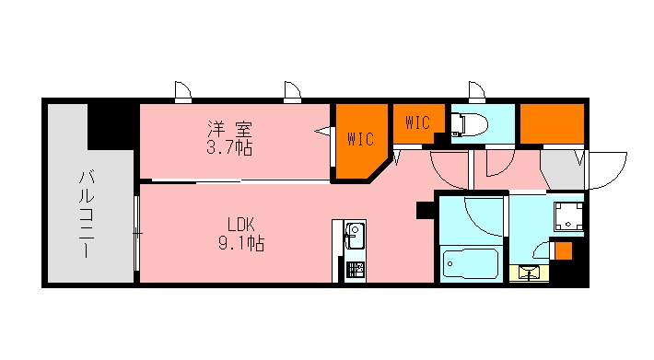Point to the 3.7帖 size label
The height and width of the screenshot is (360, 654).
[229, 147]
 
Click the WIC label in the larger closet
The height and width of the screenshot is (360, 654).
[360, 140]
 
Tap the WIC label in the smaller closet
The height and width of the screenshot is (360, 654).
[417, 121]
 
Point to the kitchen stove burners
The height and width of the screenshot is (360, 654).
[355, 270]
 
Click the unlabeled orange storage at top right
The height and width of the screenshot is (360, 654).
[552, 123]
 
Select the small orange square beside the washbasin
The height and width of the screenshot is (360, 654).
[563, 250]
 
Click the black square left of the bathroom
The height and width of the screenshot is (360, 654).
[425, 209]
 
